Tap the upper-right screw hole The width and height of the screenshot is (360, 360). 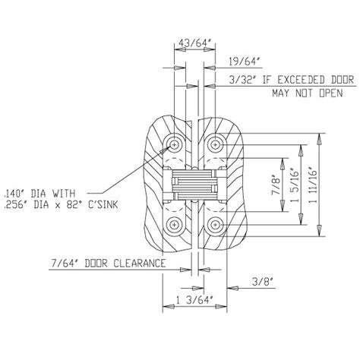click(x=216, y=143)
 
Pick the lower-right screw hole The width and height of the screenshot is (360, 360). click(x=216, y=223)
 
